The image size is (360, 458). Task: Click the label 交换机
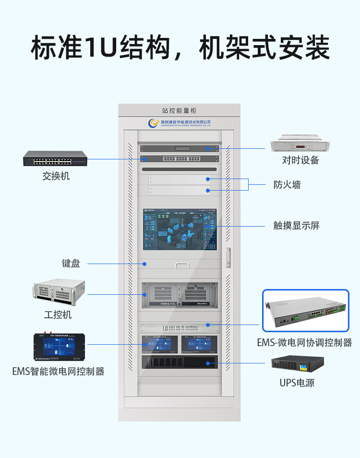click(56, 176)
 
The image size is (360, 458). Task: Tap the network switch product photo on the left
click(55, 158)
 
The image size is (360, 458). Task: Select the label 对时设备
click(300, 160)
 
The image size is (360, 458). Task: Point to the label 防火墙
click(287, 185)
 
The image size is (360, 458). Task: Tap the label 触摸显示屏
click(296, 225)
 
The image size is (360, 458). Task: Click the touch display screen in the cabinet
click(180, 229)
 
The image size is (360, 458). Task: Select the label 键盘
click(71, 263)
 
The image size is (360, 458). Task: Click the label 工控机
click(58, 314)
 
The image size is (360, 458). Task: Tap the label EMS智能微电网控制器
click(58, 371)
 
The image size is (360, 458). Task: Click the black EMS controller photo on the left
click(60, 347)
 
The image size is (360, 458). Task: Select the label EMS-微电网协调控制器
click(304, 342)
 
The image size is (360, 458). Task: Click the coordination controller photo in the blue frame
click(305, 311)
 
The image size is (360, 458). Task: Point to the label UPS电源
click(297, 383)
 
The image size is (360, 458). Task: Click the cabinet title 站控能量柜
click(179, 111)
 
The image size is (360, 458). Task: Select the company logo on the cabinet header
click(154, 123)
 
